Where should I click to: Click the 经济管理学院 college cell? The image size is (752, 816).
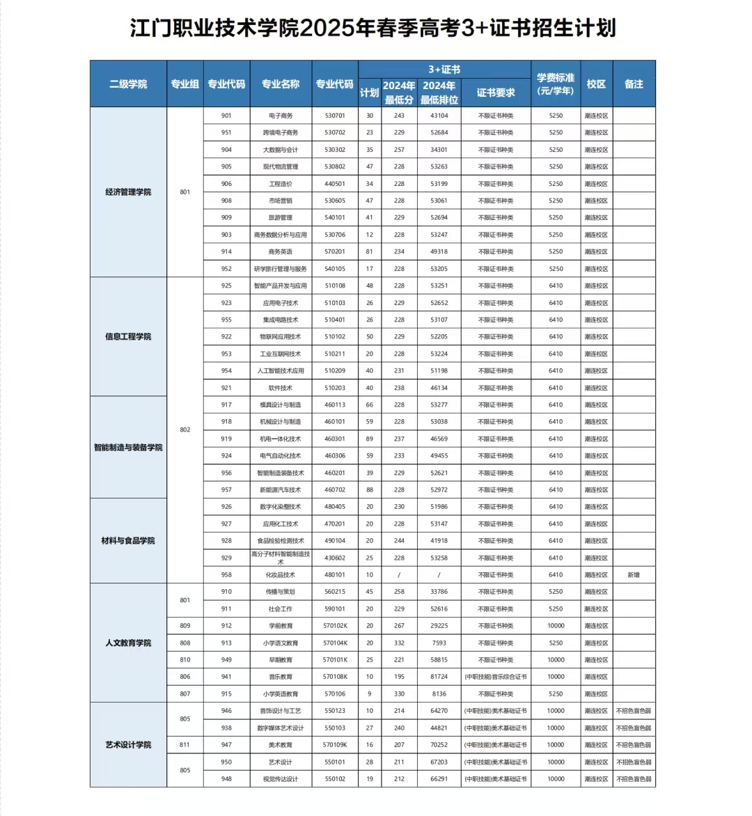(128, 191)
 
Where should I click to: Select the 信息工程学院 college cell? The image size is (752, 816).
(128, 336)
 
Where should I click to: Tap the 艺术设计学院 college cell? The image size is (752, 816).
(128, 744)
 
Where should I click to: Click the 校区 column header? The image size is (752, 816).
(596, 84)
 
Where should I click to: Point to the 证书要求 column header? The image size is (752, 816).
(496, 93)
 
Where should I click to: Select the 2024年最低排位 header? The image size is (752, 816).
(439, 93)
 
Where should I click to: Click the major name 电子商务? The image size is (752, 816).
(281, 116)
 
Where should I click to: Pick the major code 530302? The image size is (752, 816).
(335, 150)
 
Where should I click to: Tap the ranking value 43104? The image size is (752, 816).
(439, 116)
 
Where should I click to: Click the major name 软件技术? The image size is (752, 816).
(281, 388)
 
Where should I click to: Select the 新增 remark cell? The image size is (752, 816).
(634, 575)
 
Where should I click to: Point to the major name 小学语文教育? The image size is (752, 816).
(281, 643)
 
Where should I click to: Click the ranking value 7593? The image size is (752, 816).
(439, 643)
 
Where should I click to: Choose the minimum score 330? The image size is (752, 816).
(399, 693)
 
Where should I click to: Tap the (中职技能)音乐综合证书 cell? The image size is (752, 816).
(496, 677)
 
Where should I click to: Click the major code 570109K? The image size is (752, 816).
(335, 745)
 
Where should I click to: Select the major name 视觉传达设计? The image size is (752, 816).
(281, 779)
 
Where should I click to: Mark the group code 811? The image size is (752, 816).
(185, 745)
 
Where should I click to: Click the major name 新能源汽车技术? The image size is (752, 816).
(281, 490)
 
